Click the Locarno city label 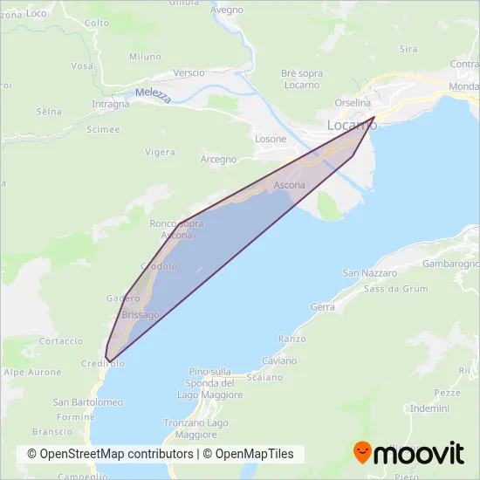point(352,125)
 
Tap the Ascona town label point(290,186)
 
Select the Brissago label point(141,314)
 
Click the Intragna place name point(111,104)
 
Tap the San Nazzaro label point(364,273)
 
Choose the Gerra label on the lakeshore point(322,307)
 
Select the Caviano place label point(279,360)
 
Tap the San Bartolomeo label point(87,402)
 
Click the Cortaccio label point(61,341)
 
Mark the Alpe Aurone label point(32,373)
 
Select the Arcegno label point(218,159)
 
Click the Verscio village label point(189,72)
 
